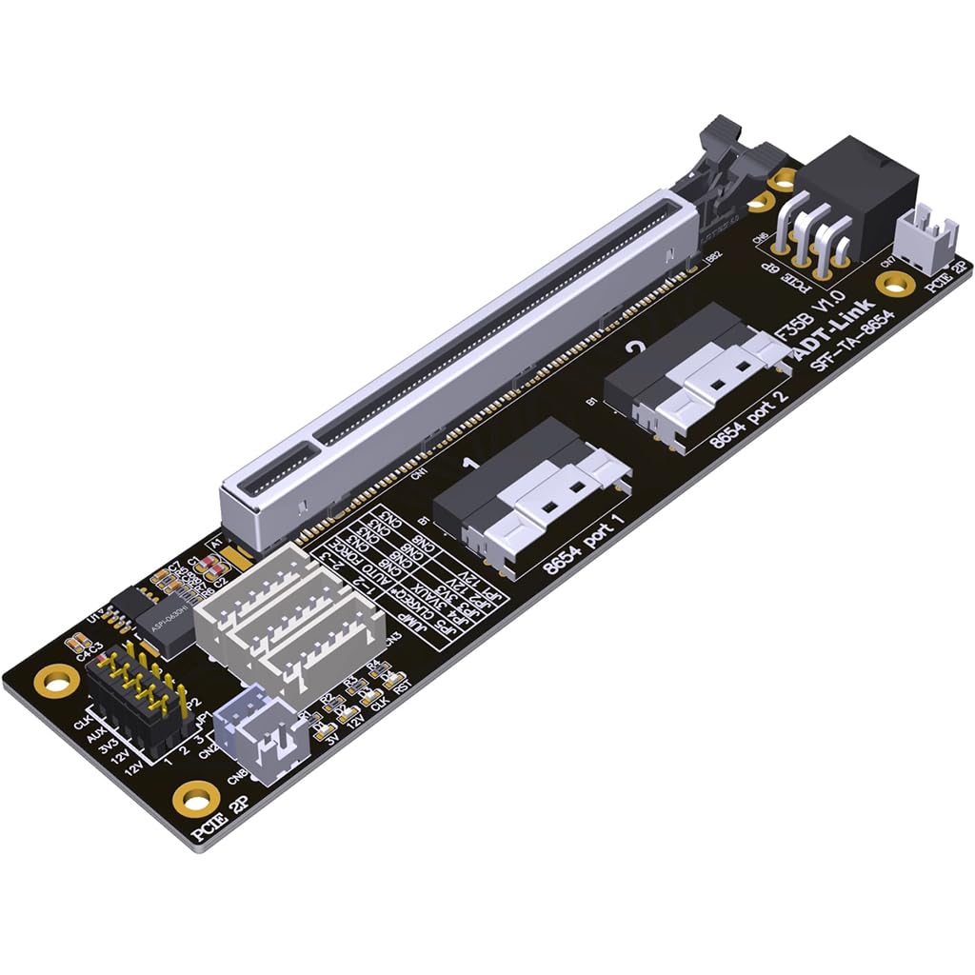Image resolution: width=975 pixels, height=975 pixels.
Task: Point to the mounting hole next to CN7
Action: point(895,283)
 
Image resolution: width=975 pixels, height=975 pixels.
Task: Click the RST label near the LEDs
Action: point(402,683)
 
